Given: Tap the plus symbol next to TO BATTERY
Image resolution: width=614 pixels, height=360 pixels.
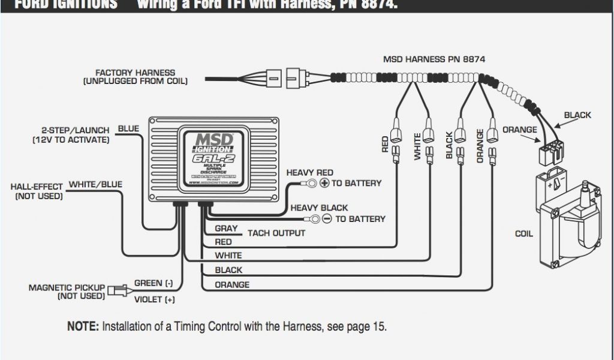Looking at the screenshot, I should point(324,183).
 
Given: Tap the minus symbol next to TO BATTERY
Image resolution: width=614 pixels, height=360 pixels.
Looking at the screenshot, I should point(327,219).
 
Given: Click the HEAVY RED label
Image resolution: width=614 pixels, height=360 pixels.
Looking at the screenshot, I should point(309,172).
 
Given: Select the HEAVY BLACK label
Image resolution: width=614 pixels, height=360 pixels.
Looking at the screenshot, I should point(319,208).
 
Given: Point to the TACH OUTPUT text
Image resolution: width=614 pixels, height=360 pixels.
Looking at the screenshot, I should point(276,233).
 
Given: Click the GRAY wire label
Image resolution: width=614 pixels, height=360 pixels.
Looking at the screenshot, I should point(226,229).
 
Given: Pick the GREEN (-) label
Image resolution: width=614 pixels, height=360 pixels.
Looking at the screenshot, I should point(153,283).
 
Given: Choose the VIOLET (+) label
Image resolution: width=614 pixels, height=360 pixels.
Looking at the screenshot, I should point(155,299).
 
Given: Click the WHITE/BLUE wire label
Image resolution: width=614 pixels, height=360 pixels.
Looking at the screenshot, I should point(96,184).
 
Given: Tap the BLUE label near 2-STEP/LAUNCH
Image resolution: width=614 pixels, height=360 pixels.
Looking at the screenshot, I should point(128,128).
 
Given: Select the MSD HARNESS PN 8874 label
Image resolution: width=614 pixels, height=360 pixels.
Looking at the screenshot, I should point(434,59).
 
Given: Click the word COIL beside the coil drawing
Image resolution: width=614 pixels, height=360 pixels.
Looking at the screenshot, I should point(524,234).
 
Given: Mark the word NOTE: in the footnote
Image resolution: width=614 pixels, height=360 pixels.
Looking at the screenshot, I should point(83,327).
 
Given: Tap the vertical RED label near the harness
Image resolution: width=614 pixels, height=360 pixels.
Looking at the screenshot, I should point(386,144).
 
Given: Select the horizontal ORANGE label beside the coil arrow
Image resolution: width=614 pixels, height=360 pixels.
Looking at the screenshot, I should point(520,130).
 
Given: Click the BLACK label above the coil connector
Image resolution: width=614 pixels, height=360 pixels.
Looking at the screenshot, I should point(577,115).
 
